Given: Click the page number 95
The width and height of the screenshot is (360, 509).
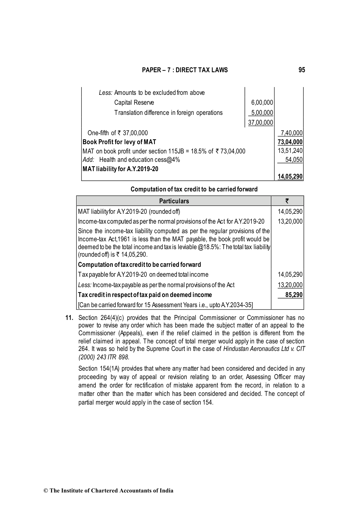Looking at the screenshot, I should [301, 70].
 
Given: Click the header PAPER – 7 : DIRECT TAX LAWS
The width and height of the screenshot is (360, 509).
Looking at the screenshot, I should [185, 70].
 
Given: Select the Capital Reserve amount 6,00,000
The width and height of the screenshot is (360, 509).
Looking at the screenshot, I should [262, 103].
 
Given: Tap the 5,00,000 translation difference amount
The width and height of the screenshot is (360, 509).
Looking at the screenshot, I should [262, 113].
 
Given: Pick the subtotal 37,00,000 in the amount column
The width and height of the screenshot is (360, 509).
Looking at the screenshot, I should [260, 123].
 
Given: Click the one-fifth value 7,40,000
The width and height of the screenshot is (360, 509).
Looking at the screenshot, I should [291, 133].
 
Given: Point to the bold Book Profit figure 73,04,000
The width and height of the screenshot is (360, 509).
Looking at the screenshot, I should [290, 142].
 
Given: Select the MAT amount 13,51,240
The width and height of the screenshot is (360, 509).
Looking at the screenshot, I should [290, 151].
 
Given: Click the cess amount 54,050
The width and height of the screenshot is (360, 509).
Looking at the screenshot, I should [294, 160].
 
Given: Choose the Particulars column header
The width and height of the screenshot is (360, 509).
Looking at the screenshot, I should [174, 201].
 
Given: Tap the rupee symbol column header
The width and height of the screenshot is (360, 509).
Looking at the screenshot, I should [287, 201].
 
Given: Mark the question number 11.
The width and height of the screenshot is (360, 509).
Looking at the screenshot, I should [69, 318].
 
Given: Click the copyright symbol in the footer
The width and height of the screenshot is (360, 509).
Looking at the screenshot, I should [45, 491].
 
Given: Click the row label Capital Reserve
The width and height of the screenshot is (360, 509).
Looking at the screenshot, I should [134, 103].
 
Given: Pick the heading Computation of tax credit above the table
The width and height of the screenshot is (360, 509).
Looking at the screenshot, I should [194, 189].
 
